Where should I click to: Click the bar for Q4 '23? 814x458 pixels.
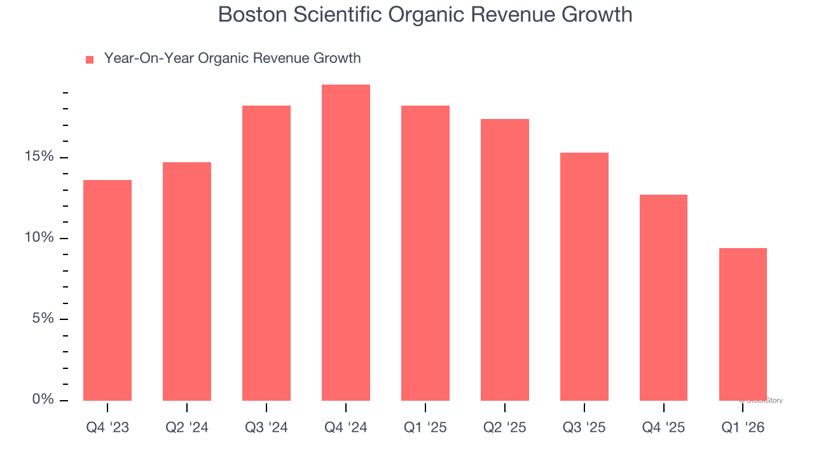click(107, 290)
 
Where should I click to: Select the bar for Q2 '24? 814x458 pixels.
click(187, 281)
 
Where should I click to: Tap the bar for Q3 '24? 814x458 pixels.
click(266, 253)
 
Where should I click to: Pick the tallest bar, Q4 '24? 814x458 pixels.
click(346, 242)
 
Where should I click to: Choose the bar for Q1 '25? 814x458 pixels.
click(425, 253)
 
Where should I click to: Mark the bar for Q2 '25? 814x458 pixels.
click(505, 260)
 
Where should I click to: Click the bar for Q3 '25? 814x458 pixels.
click(584, 277)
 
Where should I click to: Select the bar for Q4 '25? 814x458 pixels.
click(663, 298)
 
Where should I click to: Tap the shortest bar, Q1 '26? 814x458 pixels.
click(743, 324)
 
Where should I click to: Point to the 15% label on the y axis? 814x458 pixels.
click(39, 157)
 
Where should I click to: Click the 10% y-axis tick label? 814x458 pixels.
click(39, 238)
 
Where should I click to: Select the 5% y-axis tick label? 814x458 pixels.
click(43, 319)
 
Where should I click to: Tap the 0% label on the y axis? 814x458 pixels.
click(43, 399)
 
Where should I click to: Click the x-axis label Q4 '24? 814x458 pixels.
click(346, 428)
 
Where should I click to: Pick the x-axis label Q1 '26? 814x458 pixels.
click(743, 428)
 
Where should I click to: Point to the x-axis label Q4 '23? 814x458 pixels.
click(107, 428)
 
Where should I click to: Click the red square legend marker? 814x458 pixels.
click(90, 60)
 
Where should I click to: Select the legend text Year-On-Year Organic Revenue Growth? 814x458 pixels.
click(232, 59)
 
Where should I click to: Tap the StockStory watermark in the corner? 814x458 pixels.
click(762, 401)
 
